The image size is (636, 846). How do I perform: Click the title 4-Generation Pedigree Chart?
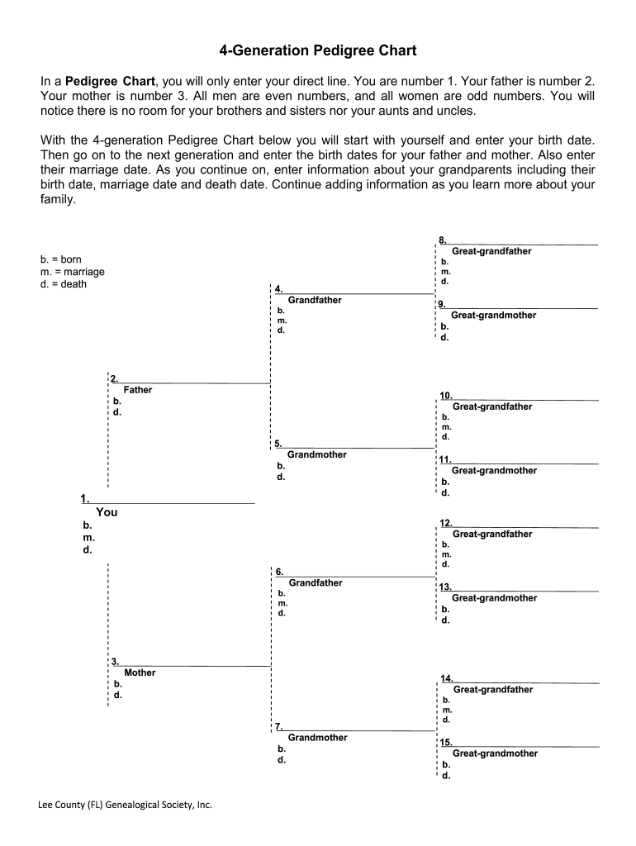pos(318,51)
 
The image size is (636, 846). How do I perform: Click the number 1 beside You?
pos(84,498)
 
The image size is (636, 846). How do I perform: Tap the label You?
pos(107,512)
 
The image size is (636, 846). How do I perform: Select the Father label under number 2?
pos(137,390)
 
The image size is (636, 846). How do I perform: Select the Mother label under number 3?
pos(140,673)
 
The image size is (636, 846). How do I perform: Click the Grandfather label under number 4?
pos(315,300)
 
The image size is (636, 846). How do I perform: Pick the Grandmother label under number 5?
pos(316,454)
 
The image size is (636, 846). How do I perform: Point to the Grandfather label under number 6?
pos(315,582)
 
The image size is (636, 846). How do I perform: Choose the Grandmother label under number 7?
pos(317,737)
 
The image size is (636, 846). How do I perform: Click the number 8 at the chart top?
pos(443,240)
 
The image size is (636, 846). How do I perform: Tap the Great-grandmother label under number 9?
pos(493,316)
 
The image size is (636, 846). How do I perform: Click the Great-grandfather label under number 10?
pos(492,406)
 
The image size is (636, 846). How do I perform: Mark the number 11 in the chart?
pos(444,459)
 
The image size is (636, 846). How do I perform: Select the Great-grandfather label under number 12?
pos(492,534)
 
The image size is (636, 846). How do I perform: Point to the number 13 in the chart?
pos(444,587)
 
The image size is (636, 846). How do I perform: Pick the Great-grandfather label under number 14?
pos(493,689)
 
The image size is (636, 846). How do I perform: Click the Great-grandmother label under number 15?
pos(495,753)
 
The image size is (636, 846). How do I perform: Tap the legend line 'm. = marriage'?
pos(73,272)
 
